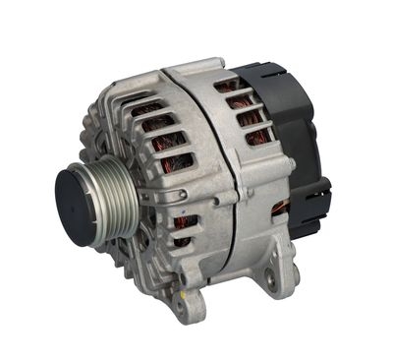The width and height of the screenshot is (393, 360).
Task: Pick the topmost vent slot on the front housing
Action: [x=146, y=107]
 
